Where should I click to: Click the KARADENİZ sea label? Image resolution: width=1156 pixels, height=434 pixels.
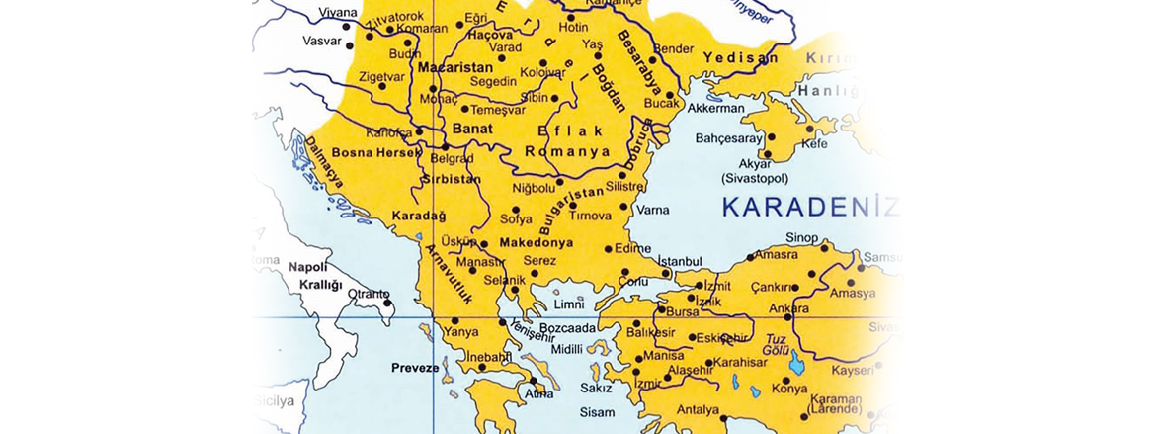(x=809, y=208)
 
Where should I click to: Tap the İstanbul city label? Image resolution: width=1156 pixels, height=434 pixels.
(x=679, y=260)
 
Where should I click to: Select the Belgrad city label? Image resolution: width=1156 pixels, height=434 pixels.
(x=451, y=158)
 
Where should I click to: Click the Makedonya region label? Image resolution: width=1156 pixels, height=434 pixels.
(x=537, y=242)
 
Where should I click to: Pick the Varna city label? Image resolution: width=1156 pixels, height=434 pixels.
(x=652, y=210)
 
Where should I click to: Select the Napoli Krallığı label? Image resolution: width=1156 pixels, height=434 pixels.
(x=314, y=276)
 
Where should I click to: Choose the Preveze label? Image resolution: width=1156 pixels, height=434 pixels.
(x=415, y=368)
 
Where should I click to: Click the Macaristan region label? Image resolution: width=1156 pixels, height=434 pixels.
(x=449, y=68)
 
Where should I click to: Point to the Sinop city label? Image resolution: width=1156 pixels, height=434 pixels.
(x=801, y=238)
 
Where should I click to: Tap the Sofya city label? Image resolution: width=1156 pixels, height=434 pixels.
(x=516, y=219)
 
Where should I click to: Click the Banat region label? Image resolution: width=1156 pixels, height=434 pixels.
(x=472, y=129)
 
